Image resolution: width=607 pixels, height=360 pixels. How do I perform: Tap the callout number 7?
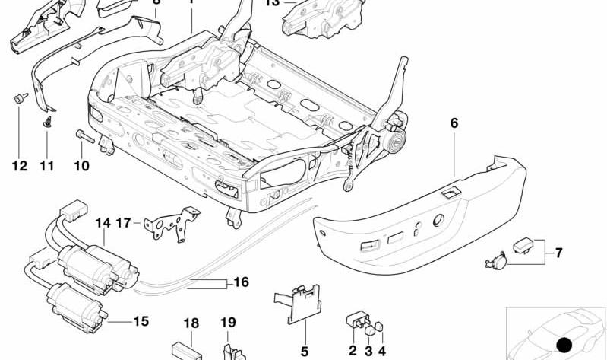(558, 252)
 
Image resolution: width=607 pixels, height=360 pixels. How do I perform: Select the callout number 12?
(19, 165)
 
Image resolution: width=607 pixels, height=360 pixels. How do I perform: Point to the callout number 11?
(47, 165)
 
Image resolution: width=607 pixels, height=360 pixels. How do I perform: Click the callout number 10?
(81, 165)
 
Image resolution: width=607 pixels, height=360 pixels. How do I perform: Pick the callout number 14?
(103, 223)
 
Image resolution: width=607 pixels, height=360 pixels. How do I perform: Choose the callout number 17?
(124, 223)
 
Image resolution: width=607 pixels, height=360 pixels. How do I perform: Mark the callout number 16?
(240, 282)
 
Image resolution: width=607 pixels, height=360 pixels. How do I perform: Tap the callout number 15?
(141, 321)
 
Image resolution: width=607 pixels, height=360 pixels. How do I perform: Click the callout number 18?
(191, 323)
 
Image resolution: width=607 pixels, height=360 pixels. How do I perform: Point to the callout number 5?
(305, 351)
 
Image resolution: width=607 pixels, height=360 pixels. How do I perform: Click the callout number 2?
(353, 351)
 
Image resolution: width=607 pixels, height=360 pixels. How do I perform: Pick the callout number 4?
(382, 351)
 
